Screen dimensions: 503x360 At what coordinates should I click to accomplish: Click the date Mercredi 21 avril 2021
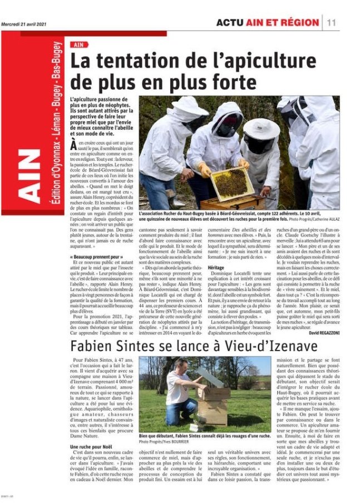pyautogui.click(x=24, y=23)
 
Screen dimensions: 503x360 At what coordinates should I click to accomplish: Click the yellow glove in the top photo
pyautogui.click(x=205, y=169)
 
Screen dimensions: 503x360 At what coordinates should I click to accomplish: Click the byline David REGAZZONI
pyautogui.click(x=320, y=332)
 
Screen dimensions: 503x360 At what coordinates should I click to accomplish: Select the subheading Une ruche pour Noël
pyautogui.click(x=92, y=447)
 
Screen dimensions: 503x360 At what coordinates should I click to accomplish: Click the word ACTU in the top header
pyautogui.click(x=231, y=23)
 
